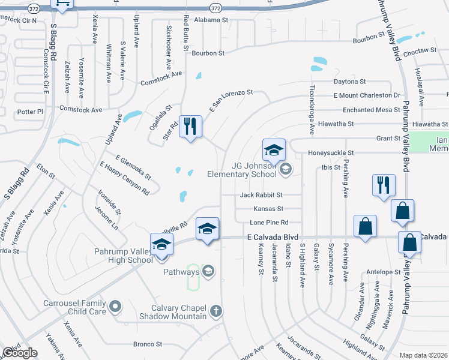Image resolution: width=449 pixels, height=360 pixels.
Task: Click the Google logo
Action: click(x=20, y=353)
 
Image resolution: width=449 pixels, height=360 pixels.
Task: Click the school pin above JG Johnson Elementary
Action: click(x=274, y=150)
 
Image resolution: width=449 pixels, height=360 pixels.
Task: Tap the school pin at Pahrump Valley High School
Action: click(x=161, y=245)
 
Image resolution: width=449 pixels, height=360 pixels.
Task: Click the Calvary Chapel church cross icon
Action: click(x=216, y=311)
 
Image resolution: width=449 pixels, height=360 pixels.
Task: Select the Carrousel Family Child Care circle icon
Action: click(x=114, y=307)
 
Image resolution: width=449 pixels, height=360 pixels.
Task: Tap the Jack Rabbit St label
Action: click(x=261, y=195)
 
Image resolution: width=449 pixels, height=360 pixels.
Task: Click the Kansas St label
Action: click(x=268, y=209)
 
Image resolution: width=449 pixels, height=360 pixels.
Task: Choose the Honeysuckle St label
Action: click(x=331, y=153)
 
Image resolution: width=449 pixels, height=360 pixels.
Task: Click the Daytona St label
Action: click(x=350, y=82)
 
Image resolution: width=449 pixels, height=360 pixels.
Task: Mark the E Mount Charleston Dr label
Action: click(x=367, y=95)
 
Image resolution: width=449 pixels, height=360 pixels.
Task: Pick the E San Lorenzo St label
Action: click(x=231, y=101)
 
